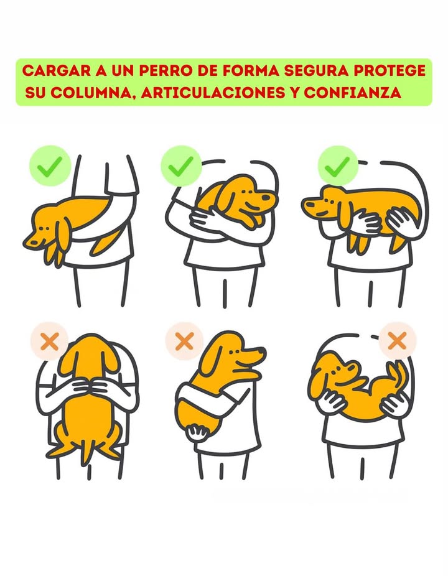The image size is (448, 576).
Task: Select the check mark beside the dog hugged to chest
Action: coord(181,166)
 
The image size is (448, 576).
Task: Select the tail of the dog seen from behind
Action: coord(86,451)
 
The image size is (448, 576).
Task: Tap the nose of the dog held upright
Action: coord(260,353)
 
